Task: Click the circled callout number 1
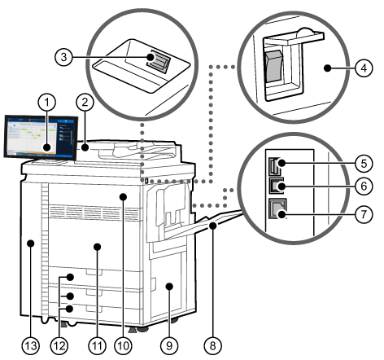[47, 103]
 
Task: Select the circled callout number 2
[85, 103]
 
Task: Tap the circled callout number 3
[63, 57]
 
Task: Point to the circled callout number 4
[364, 68]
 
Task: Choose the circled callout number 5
[364, 164]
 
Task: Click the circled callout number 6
[364, 187]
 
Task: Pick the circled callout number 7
[364, 214]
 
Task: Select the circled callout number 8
[213, 345]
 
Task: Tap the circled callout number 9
[169, 345]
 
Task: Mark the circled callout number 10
[123, 345]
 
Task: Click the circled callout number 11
[97, 345]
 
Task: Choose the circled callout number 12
[59, 345]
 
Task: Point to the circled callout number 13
[31, 345]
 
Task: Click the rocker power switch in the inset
[273, 66]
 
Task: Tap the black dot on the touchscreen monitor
[47, 147]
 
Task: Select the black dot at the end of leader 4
[328, 68]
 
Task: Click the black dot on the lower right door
[169, 286]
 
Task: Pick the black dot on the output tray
[213, 226]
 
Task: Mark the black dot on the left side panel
[31, 243]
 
